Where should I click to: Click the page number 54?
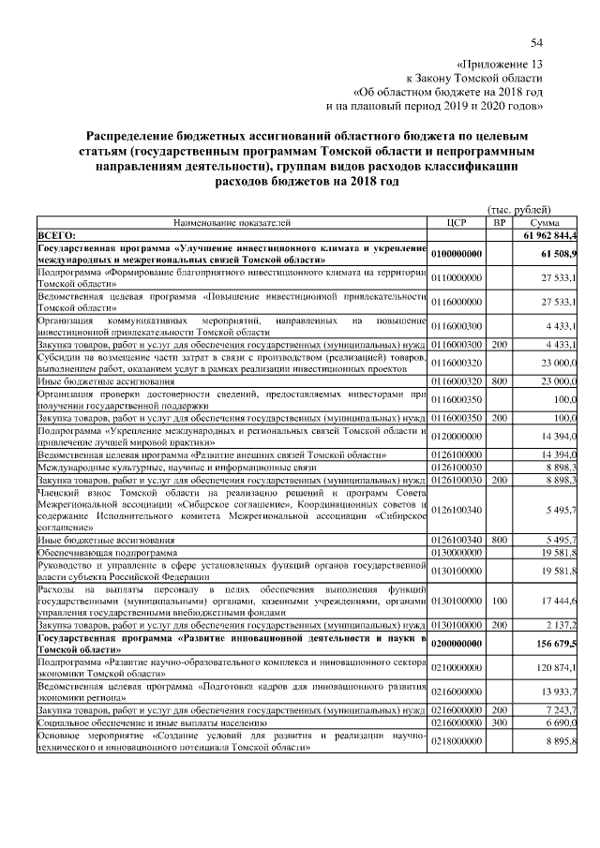[x=537, y=42]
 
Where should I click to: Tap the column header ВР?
[x=499, y=222]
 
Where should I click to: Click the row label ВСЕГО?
[x=56, y=234]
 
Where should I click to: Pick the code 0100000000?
[x=457, y=253]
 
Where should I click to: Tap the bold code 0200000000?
[x=457, y=644]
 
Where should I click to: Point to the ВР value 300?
[x=499, y=723]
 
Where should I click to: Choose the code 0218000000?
[x=457, y=741]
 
